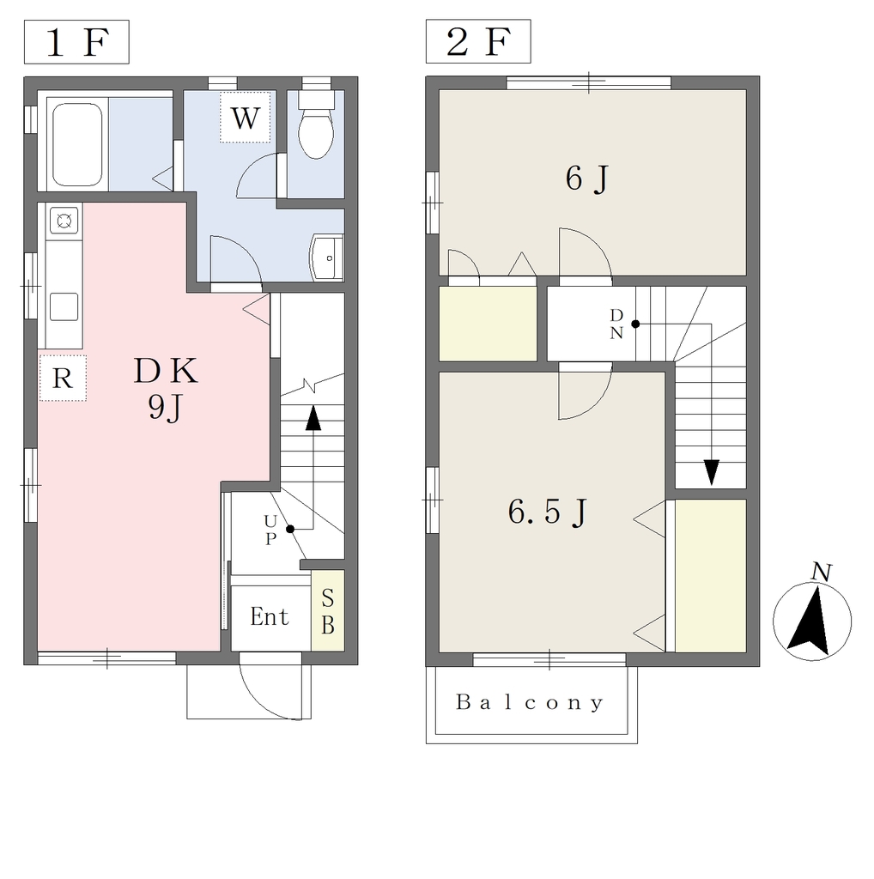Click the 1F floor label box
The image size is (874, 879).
pyautogui.click(x=76, y=42)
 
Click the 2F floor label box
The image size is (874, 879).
pyautogui.click(x=478, y=41)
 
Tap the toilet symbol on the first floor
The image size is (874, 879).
pyautogui.click(x=316, y=124)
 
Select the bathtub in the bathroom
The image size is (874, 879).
pyautogui.click(x=77, y=144)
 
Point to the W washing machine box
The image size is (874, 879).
pyautogui.click(x=246, y=117)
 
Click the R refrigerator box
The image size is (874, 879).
pyautogui.click(x=63, y=378)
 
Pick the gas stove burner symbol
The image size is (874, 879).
pyautogui.click(x=64, y=221)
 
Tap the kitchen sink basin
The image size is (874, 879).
pyautogui.click(x=64, y=306)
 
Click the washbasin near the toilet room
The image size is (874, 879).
pyautogui.click(x=327, y=258)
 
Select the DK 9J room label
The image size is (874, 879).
pyautogui.click(x=166, y=389)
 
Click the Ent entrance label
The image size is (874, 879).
pyautogui.click(x=270, y=616)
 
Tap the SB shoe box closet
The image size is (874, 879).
pyautogui.click(x=328, y=611)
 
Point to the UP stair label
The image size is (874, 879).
pyautogui.click(x=270, y=530)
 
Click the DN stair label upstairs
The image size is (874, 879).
pyautogui.click(x=616, y=324)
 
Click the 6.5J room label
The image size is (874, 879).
pyautogui.click(x=548, y=512)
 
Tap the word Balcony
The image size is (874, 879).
pyautogui.click(x=530, y=702)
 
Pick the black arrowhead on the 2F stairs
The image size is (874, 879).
pyautogui.click(x=712, y=472)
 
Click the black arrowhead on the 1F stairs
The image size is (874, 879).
pyautogui.click(x=313, y=418)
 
